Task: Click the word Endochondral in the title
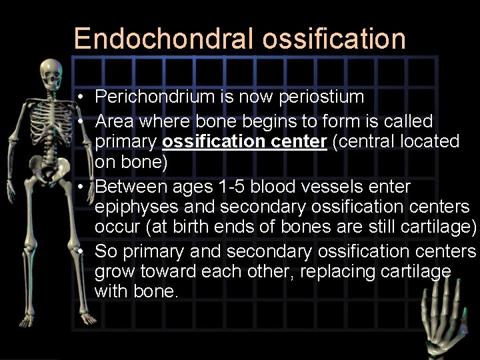(164, 39)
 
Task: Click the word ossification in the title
(334, 39)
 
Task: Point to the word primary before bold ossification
(125, 142)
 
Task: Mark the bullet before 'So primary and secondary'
(79, 251)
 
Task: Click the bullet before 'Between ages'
(79, 186)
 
